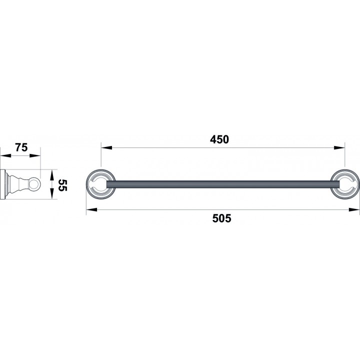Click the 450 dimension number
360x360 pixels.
(x=219, y=139)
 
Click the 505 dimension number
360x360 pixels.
(x=221, y=218)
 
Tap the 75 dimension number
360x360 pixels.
(x=21, y=147)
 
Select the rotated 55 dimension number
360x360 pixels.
(x=62, y=185)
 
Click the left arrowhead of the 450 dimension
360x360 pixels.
(x=106, y=147)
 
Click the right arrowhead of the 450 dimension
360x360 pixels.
(x=339, y=147)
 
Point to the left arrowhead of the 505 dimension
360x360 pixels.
(x=91, y=209)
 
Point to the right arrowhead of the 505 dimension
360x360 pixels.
(x=354, y=209)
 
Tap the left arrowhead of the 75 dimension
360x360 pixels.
(x=5, y=155)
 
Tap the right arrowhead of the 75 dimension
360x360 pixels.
(x=35, y=155)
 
